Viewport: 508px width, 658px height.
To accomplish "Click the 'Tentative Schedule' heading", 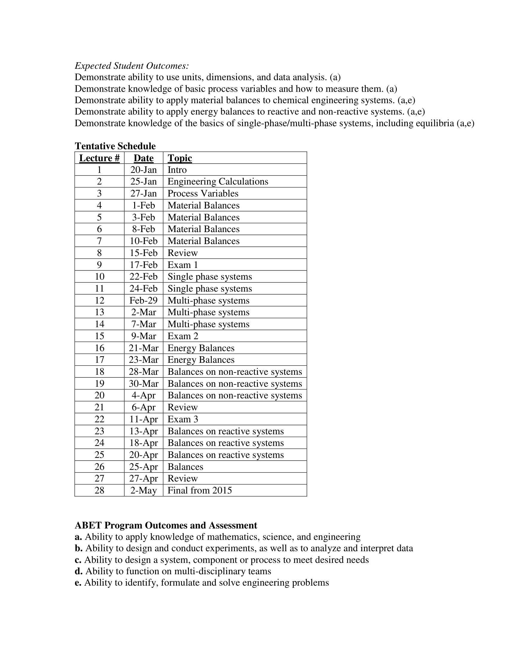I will (115, 146).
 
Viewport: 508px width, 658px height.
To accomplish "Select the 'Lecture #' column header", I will (99, 158).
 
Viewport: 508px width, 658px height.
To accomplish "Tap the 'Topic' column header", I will (180, 158).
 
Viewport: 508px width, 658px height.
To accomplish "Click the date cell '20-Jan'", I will (143, 170).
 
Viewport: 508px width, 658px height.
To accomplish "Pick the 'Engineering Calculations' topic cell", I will (218, 182).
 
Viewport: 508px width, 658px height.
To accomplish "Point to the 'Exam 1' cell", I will (183, 265).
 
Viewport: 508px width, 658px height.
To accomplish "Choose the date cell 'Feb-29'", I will (143, 300).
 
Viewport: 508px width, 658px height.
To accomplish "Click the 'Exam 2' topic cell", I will (183, 336).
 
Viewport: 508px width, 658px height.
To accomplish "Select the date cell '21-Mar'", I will (143, 348).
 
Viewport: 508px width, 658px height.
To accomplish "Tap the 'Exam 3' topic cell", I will (183, 419).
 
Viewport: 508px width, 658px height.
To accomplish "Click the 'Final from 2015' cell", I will (200, 490).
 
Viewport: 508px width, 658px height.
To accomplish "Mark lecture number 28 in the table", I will (99, 490).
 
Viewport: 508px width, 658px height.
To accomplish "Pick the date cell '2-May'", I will (143, 490).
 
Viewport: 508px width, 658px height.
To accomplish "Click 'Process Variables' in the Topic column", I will (203, 194).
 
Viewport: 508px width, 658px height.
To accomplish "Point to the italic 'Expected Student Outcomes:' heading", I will (132, 66).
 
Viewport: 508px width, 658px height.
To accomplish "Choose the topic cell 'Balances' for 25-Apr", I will (185, 467).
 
